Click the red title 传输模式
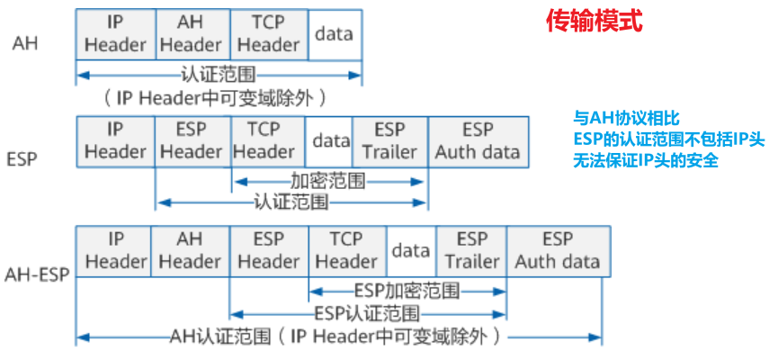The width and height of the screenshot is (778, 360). click(595, 22)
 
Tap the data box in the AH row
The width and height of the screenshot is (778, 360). click(335, 33)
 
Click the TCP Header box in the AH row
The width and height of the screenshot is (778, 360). click(269, 33)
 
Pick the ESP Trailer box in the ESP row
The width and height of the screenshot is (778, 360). click(389, 140)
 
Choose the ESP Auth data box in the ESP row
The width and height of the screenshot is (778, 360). click(478, 140)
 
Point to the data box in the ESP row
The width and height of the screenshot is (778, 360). click(330, 140)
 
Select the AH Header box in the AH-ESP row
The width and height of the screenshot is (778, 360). click(190, 250)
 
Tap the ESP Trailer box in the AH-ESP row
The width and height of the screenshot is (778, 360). click(471, 250)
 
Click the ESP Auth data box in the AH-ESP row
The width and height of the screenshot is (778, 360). click(558, 250)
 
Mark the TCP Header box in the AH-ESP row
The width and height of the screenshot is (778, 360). click(347, 250)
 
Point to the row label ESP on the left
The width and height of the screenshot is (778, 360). click(21, 159)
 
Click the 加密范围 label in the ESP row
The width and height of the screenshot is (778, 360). click(328, 181)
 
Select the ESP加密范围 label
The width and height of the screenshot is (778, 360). click(406, 291)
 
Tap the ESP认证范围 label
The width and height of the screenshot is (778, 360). click(367, 314)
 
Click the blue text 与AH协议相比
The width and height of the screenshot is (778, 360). click(627, 118)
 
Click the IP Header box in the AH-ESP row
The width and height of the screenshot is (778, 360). click(114, 250)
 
